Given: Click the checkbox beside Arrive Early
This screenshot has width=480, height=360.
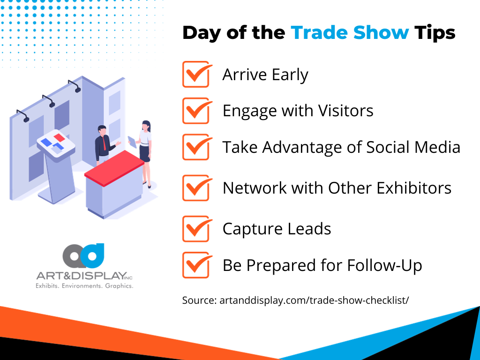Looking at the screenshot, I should (x=195, y=75).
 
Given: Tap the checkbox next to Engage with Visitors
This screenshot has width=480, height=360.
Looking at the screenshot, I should (x=195, y=111).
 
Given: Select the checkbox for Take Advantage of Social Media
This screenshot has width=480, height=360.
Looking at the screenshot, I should (x=195, y=147).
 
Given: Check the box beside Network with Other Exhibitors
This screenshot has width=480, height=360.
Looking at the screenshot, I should (x=195, y=188).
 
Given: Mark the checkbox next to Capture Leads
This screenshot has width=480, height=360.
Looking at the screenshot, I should (x=195, y=229).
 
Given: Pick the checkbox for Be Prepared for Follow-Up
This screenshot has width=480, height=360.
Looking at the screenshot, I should (x=195, y=265).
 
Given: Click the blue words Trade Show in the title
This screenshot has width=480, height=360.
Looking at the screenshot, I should (x=350, y=33).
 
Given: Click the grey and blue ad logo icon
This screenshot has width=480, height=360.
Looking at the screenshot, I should (x=83, y=255).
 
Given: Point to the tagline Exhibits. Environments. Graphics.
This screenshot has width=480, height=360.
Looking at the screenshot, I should (x=84, y=285).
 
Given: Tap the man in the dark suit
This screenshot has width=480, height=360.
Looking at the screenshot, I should (x=103, y=142).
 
